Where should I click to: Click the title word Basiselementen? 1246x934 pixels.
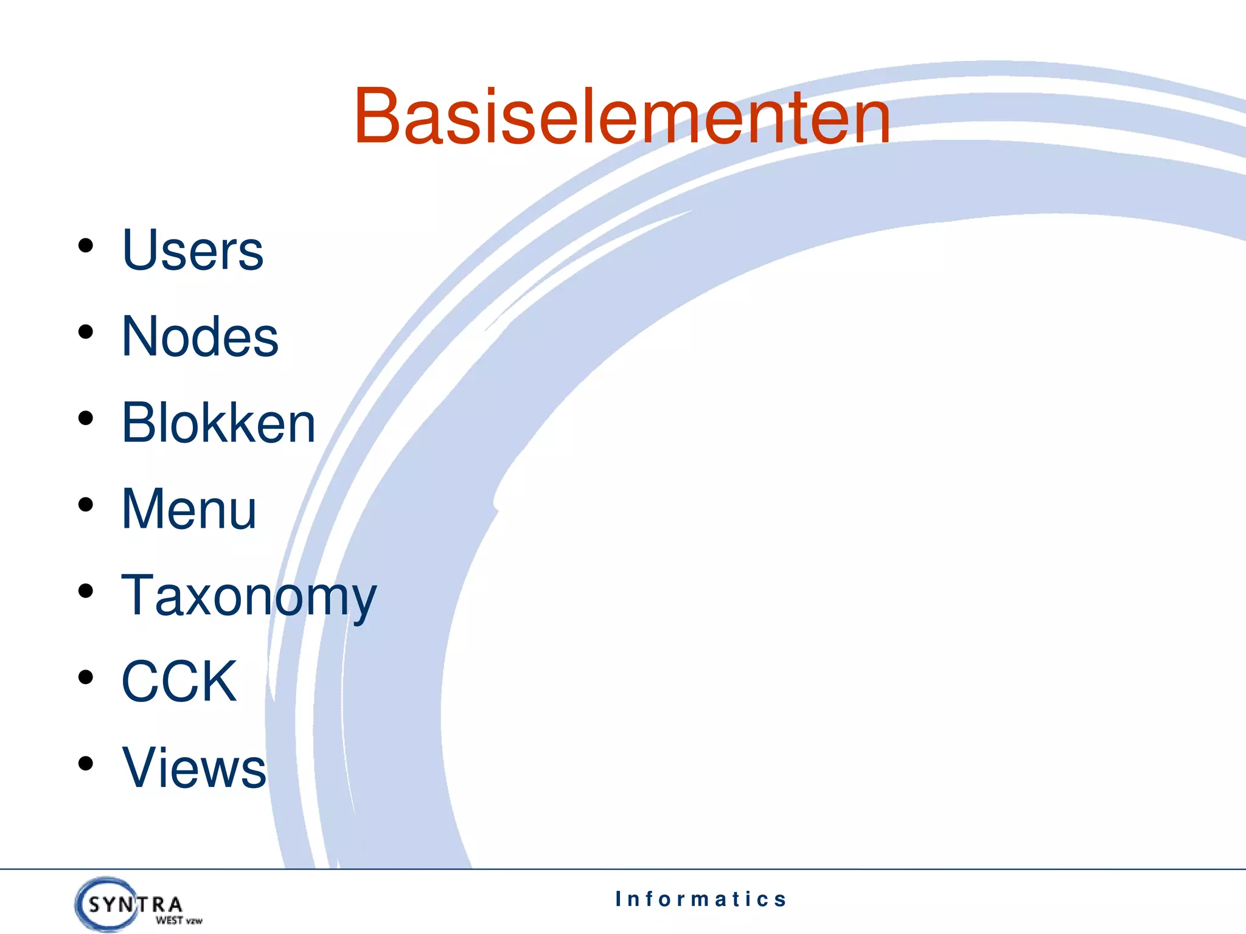click(x=622, y=117)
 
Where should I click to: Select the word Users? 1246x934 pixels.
click(x=192, y=250)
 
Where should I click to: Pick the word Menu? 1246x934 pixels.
click(x=189, y=509)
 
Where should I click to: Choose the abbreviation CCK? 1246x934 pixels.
click(x=179, y=681)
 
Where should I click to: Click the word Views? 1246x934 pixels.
click(x=193, y=767)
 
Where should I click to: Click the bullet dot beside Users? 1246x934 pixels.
click(x=86, y=246)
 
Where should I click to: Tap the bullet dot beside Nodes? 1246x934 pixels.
click(x=86, y=332)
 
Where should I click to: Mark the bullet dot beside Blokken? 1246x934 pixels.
click(x=86, y=418)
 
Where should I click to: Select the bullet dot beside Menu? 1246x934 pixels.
click(x=86, y=505)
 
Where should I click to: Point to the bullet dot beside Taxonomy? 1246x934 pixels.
click(x=86, y=591)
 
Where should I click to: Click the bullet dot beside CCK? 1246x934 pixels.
click(x=86, y=677)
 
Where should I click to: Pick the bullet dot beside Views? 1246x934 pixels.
click(x=86, y=764)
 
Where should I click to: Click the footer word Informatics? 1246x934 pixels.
click(x=701, y=899)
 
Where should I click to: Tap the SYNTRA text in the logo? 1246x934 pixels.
click(x=135, y=905)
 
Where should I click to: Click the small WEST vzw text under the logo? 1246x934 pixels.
click(x=178, y=921)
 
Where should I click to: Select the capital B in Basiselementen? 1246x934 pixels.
click(x=378, y=117)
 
